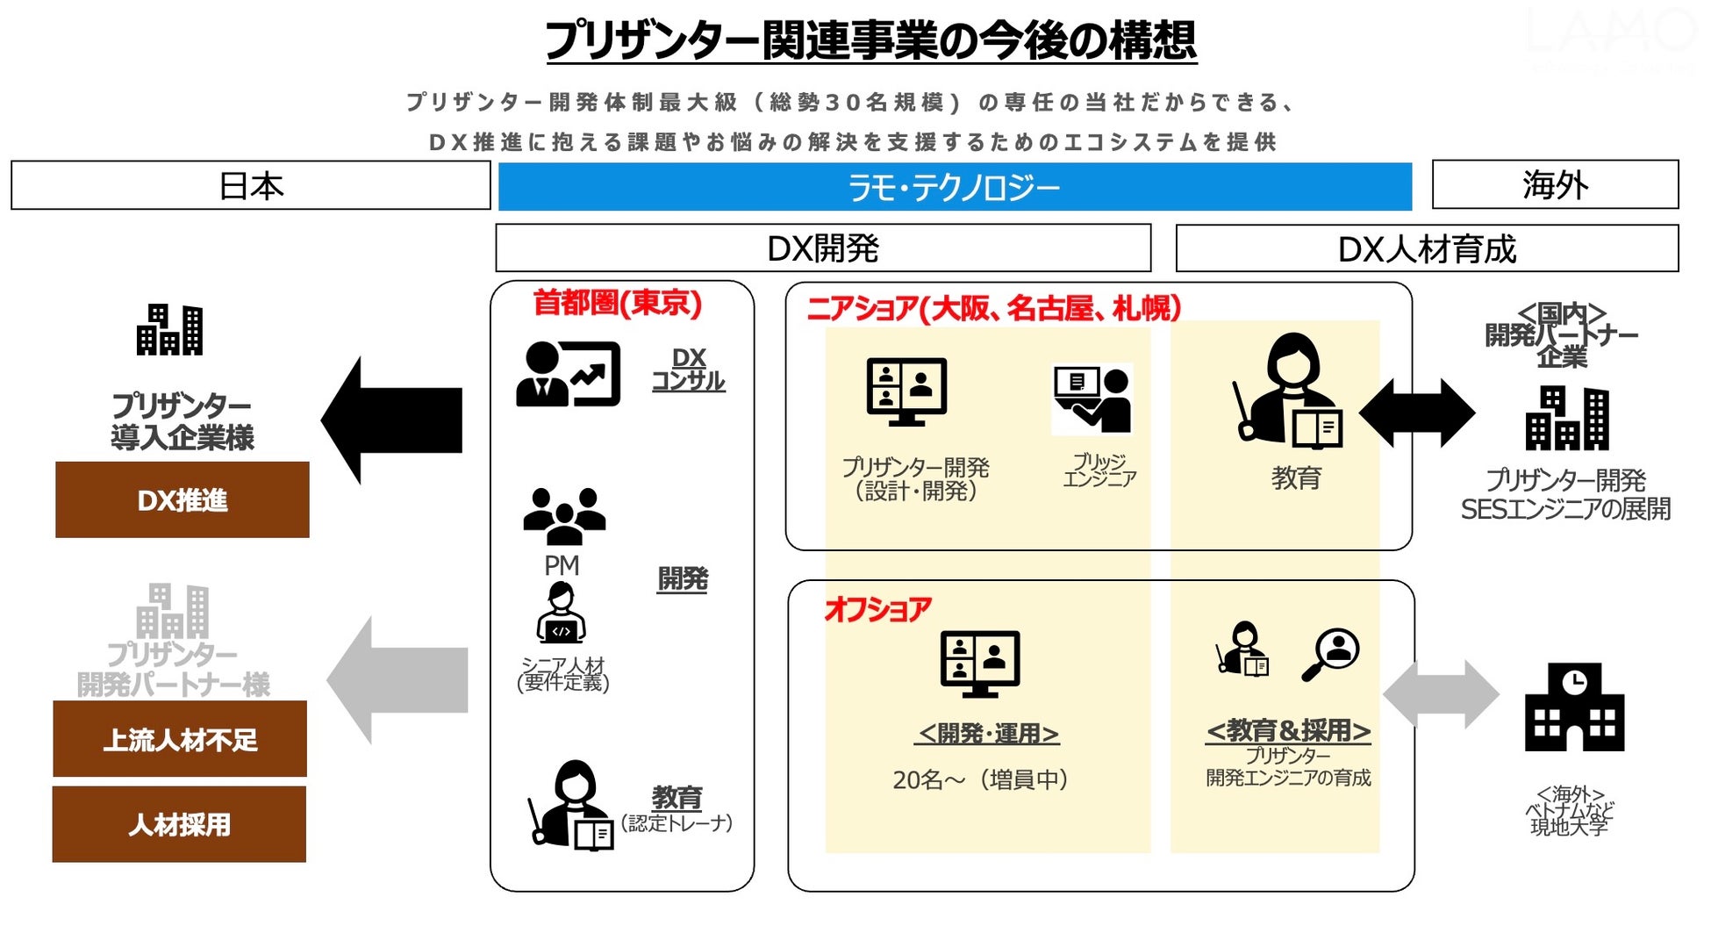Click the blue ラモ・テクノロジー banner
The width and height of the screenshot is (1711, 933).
click(x=955, y=187)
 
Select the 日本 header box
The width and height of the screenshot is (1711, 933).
click(x=251, y=185)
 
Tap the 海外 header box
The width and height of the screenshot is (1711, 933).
click(x=1555, y=184)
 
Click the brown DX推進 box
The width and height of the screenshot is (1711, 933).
click(x=183, y=499)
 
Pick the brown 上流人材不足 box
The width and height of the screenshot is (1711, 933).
click(x=180, y=739)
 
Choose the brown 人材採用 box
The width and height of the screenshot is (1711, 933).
click(x=179, y=824)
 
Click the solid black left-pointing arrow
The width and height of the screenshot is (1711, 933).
click(x=392, y=420)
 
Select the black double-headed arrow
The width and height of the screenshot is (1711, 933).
click(x=1417, y=413)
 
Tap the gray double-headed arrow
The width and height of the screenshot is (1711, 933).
click(x=1441, y=693)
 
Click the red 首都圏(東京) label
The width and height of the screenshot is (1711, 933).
click(x=618, y=303)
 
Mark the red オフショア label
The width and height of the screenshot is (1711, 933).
click(x=877, y=608)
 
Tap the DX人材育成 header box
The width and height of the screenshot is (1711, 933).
click(x=1427, y=249)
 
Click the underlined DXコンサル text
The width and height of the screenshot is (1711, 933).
click(x=689, y=370)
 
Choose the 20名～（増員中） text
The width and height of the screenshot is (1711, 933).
click(x=980, y=779)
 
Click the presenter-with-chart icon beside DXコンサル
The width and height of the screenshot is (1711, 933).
click(x=569, y=374)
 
